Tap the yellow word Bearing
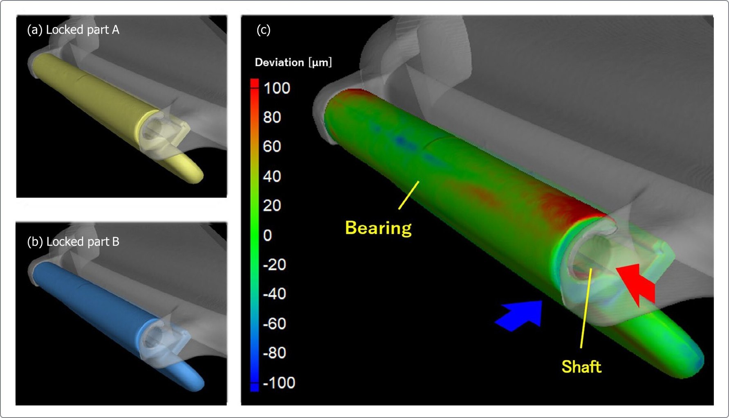(x=378, y=228)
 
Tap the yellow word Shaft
(x=581, y=367)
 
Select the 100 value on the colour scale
(x=277, y=88)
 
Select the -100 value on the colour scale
(x=279, y=383)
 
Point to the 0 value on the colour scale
(x=267, y=235)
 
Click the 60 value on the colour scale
(x=272, y=147)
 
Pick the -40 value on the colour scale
(x=274, y=294)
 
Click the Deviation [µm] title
(x=293, y=62)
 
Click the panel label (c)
(x=263, y=30)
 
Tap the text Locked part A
(x=82, y=30)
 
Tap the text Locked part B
(x=83, y=242)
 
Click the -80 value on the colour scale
(x=274, y=353)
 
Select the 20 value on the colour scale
(x=272, y=206)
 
